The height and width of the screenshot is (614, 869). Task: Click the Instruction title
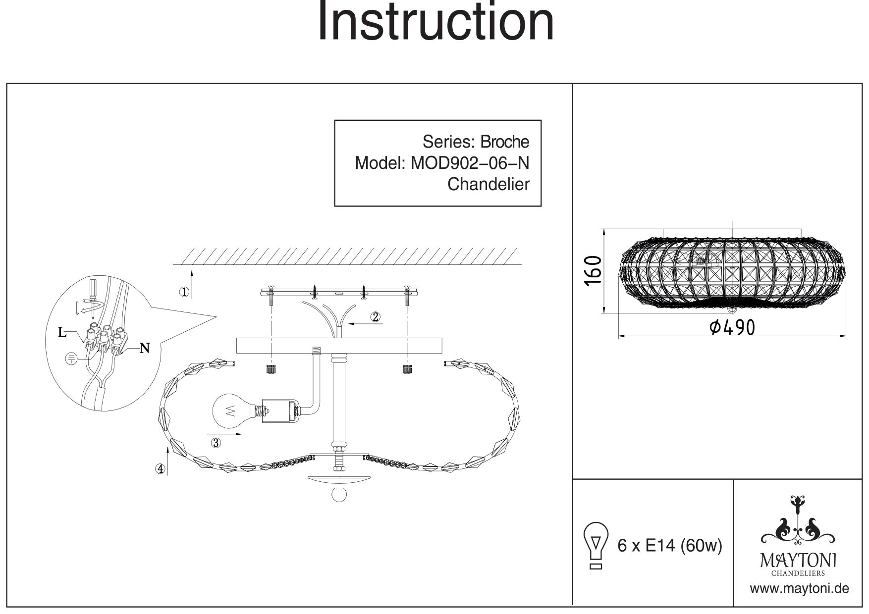pyautogui.click(x=435, y=22)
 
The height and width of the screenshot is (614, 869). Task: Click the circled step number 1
pyautogui.click(x=184, y=292)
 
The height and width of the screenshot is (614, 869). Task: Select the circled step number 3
pyautogui.click(x=216, y=443)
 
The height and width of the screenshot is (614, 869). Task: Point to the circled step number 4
pyautogui.click(x=160, y=469)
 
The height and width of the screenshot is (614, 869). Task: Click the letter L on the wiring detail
pyautogui.click(x=62, y=332)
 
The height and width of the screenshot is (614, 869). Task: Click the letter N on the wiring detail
pyautogui.click(x=145, y=349)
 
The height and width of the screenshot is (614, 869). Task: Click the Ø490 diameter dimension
pyautogui.click(x=732, y=327)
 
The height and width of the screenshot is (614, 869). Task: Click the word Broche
pyautogui.click(x=505, y=142)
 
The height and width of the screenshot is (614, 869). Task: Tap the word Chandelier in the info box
pyautogui.click(x=488, y=184)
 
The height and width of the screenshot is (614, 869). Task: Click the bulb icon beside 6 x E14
pyautogui.click(x=597, y=545)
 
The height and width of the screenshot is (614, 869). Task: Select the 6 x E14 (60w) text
pyautogui.click(x=670, y=546)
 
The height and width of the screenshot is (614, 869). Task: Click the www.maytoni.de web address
pyautogui.click(x=799, y=588)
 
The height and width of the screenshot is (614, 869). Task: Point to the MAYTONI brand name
pyautogui.click(x=798, y=561)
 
